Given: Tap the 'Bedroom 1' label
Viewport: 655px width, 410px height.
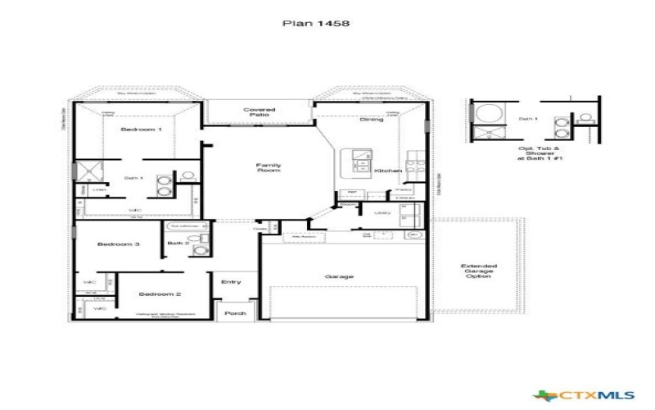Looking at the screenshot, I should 142,130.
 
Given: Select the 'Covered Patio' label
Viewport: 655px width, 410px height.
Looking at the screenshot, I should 260,112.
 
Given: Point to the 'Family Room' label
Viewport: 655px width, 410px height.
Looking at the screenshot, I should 269,168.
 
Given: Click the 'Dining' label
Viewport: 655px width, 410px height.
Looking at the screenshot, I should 371,120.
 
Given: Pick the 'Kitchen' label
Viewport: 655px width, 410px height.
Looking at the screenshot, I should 387,171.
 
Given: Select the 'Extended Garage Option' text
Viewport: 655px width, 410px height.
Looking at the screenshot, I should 477,271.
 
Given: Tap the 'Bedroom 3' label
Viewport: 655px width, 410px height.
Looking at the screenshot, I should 119,244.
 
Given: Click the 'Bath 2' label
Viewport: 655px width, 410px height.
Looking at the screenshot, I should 178,244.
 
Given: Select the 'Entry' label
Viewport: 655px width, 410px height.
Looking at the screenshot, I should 231,282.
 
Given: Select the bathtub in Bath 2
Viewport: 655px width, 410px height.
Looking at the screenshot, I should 182,225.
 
